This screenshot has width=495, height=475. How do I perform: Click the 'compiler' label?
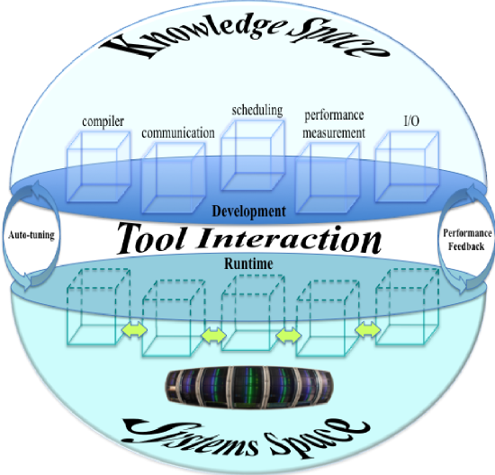click(x=103, y=121)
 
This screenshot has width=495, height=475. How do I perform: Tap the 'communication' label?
click(x=178, y=133)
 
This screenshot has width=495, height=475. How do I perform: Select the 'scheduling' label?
click(x=257, y=111)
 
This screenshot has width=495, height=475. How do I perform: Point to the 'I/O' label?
click(x=411, y=121)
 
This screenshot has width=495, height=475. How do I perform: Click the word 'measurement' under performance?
click(x=334, y=133)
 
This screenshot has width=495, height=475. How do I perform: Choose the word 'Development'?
click(x=248, y=211)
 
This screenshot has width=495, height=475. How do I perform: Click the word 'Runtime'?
click(x=248, y=264)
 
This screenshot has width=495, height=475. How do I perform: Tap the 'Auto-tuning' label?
click(x=31, y=235)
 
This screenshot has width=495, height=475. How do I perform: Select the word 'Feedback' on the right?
click(x=466, y=246)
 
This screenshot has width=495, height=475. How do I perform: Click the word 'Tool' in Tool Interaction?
click(x=151, y=238)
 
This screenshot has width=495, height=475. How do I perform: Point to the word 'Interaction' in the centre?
click(x=290, y=239)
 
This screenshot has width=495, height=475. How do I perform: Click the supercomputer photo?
click(x=249, y=387)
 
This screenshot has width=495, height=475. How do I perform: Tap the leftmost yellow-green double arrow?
click(x=134, y=330)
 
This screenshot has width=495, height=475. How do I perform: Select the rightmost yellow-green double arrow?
click(x=368, y=330)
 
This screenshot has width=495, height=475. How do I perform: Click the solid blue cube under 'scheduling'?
click(x=253, y=155)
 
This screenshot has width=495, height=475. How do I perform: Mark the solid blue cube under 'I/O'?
click(x=407, y=166)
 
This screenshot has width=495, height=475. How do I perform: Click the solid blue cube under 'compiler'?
click(x=99, y=166)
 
